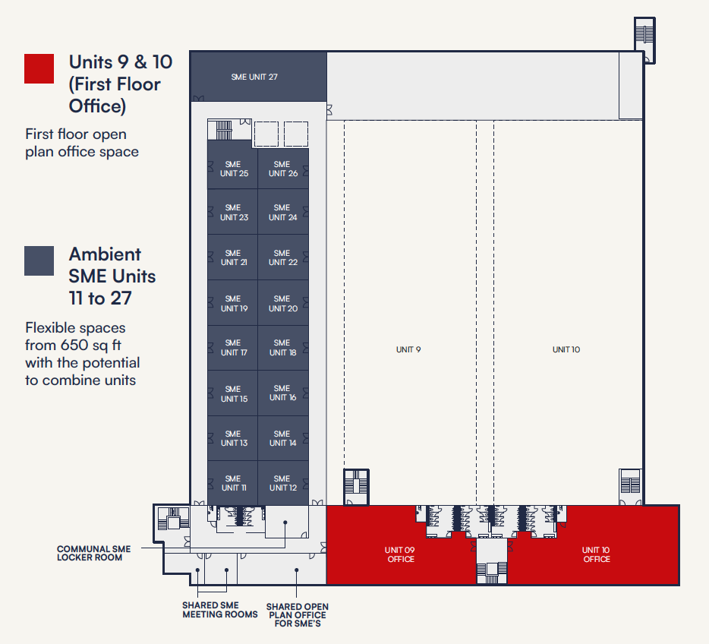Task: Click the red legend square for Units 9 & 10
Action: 39,69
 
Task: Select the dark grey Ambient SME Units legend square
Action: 39,260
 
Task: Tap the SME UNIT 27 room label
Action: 254,77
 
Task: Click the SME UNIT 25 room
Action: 232,164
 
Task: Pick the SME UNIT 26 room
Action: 283,169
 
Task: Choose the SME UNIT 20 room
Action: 283,302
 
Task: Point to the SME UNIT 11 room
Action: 232,483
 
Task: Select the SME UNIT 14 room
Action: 283,438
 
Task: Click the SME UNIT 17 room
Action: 232,348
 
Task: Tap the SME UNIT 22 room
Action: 283,257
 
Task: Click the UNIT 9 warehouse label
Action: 408,349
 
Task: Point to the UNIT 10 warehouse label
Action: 566,349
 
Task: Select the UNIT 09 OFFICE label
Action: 400,554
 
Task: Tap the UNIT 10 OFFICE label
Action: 596,554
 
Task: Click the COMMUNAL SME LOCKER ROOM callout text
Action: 93,553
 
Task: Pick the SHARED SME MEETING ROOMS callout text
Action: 219,610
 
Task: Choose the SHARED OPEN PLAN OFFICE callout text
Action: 297,615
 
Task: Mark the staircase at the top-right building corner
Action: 644,39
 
